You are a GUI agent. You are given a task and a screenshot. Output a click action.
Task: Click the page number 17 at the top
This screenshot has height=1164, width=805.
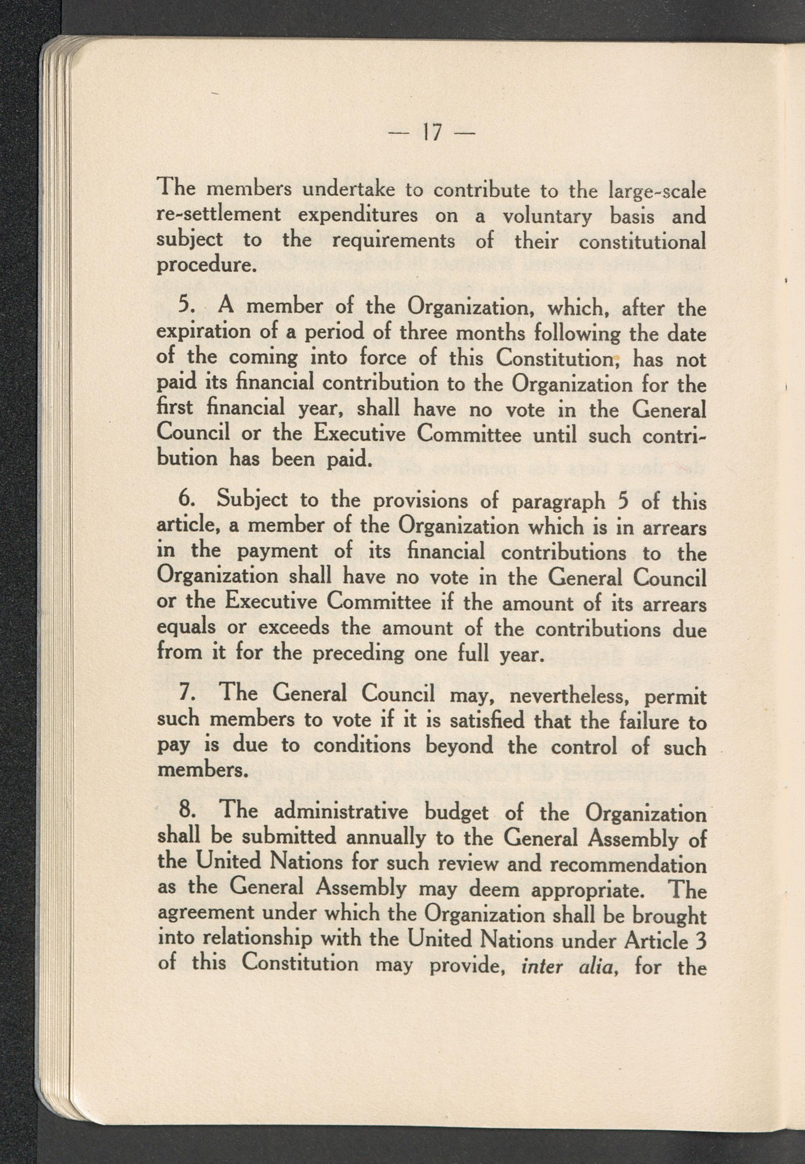[x=431, y=133]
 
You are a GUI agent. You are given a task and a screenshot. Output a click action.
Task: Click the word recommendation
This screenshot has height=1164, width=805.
[x=627, y=865]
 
